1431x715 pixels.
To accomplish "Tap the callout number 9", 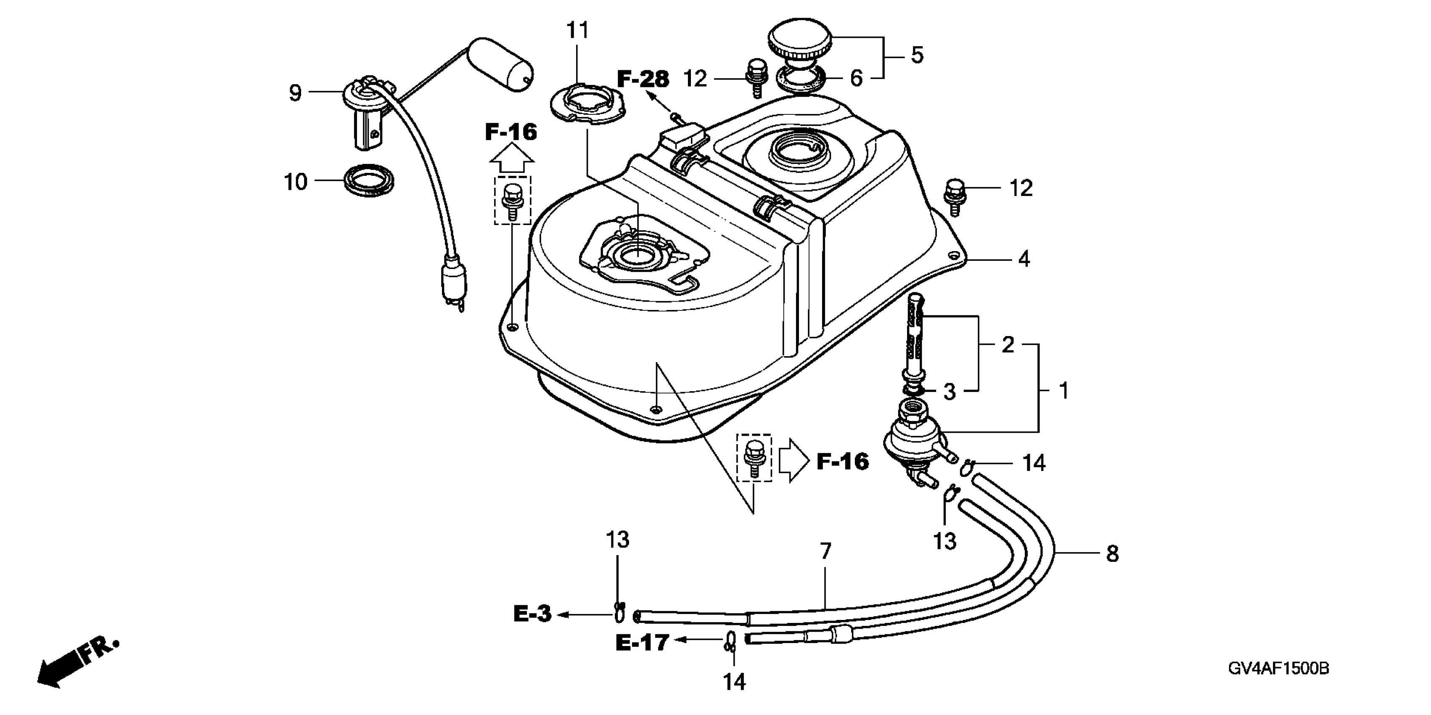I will coord(295,93).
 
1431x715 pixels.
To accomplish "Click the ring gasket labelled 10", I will coord(368,180).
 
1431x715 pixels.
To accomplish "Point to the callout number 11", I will coord(577,29).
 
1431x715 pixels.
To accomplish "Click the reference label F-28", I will coord(643,79).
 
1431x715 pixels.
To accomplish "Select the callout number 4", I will coord(1024,259).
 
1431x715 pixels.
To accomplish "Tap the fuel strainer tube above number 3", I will coord(914,344).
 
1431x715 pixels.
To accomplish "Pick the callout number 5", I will coord(917,55).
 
